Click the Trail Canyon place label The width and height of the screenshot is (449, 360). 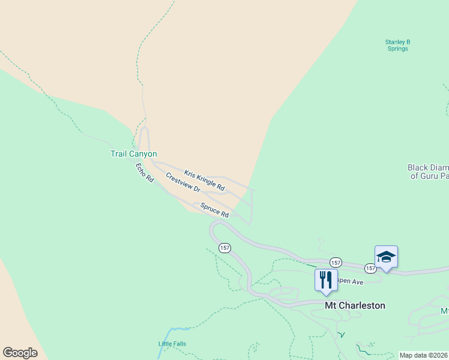[133, 154]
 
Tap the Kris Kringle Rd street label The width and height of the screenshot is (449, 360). [204, 181]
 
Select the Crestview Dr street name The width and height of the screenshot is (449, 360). [182, 182]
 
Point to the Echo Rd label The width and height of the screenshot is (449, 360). [145, 173]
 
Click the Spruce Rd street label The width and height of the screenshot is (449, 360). [214, 211]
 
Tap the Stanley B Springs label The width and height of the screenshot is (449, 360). [397, 45]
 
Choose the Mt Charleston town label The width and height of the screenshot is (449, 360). [355, 305]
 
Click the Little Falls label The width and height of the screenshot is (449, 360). [172, 344]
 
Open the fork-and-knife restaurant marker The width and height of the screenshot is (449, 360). [326, 280]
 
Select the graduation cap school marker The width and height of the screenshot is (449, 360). [386, 257]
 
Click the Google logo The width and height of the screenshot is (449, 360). [20, 353]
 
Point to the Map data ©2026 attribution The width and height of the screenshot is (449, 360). [423, 355]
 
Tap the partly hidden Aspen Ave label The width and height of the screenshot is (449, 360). [351, 282]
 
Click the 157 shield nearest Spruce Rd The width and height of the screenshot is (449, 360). [224, 248]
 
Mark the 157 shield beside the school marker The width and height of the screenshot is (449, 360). [370, 268]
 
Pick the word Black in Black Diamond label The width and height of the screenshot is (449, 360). [418, 168]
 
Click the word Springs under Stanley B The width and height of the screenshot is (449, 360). [397, 49]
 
